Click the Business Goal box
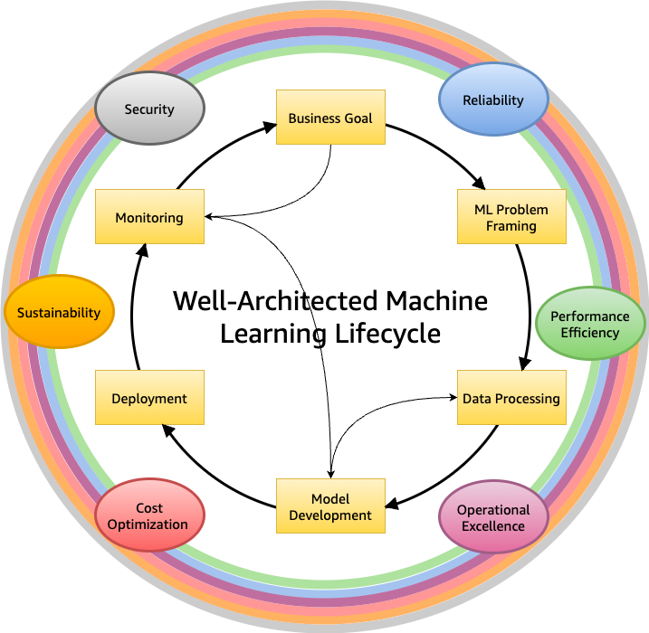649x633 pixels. pos(330,118)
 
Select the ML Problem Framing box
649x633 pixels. pos(511,217)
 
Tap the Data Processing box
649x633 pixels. pos(511,398)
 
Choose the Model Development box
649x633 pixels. pos(330,506)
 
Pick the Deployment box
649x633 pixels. pos(149,398)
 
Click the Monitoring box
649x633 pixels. pos(149,217)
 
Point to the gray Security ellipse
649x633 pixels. pos(149,109)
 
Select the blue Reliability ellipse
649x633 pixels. pos(493,99)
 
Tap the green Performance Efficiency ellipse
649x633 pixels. pos(590,324)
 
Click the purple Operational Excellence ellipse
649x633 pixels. pos(493,518)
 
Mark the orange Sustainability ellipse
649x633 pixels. pos(59,313)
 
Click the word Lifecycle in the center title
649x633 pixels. pos(385,334)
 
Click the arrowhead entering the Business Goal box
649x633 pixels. pos(270,128)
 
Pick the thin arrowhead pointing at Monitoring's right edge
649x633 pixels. pos(211,217)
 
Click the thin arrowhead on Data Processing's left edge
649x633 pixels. pos(452,397)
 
